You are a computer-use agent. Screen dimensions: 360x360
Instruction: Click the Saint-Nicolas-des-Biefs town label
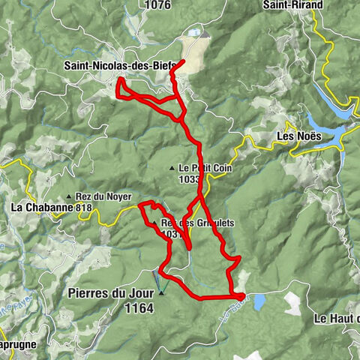[x=120, y=66]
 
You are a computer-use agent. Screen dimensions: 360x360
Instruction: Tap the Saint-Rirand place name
[x=292, y=5]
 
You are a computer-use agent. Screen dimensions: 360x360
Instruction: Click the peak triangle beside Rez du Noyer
[x=69, y=196]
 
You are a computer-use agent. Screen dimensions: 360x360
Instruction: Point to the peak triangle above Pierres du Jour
[x=160, y=292]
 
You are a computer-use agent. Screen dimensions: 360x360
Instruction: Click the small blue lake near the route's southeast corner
[x=259, y=302]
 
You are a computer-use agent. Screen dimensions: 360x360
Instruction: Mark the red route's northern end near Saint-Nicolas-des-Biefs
[x=184, y=61]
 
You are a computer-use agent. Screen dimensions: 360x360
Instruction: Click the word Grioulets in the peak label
[x=213, y=223]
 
